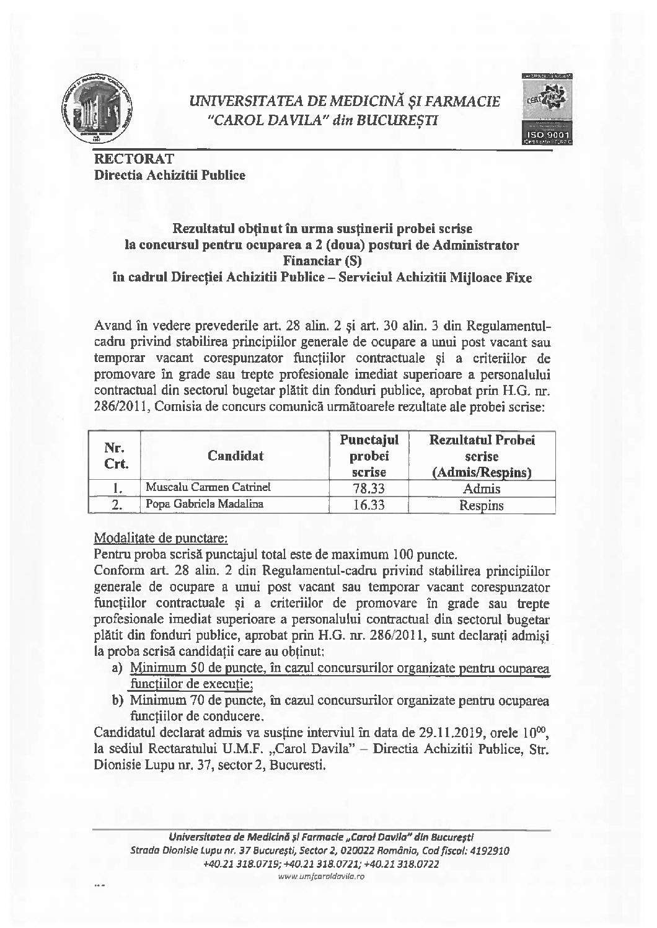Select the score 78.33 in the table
[369, 488]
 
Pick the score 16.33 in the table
[369, 505]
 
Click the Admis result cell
[482, 488]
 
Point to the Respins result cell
[482, 505]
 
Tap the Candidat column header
[236, 456]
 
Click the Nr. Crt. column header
[113, 456]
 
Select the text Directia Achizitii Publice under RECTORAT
[169, 175]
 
